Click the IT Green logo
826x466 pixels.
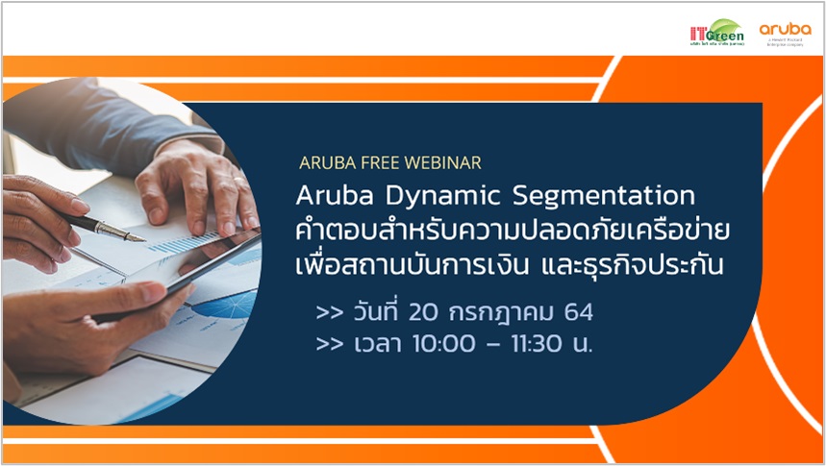pos(716,33)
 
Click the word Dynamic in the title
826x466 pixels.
pos(438,197)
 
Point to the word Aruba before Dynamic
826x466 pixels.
pos(334,196)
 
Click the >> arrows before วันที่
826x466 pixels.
pos(329,312)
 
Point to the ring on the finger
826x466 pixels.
pos(237,181)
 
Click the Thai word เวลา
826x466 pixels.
pos(375,344)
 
